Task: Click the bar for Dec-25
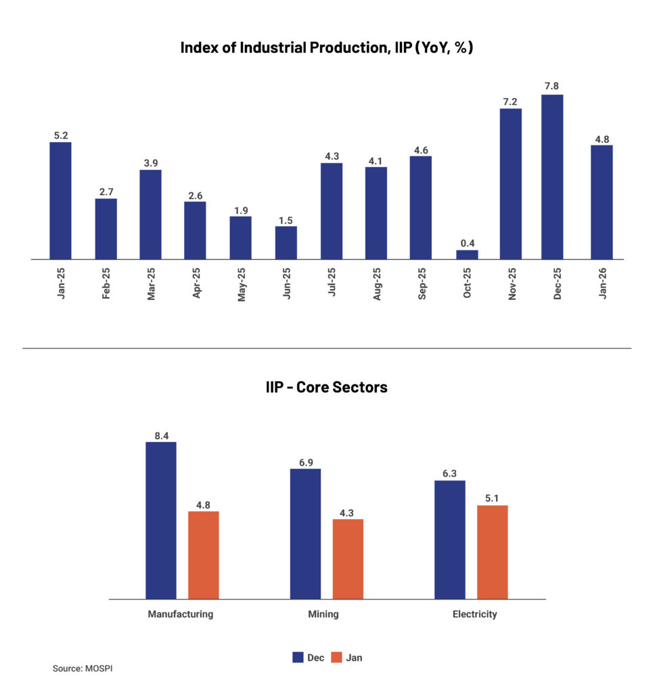(x=551, y=177)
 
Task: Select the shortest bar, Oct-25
(x=467, y=254)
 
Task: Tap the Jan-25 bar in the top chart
(x=60, y=200)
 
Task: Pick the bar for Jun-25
(x=286, y=242)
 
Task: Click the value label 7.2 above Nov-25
(x=510, y=102)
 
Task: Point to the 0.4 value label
(x=467, y=243)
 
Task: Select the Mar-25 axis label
(x=151, y=284)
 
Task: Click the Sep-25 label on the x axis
(x=421, y=284)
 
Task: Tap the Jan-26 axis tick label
(x=602, y=284)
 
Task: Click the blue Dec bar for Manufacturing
(x=161, y=520)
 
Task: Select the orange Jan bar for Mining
(x=348, y=558)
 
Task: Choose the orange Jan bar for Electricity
(x=492, y=552)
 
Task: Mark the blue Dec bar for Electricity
(x=449, y=539)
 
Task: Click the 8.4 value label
(x=161, y=435)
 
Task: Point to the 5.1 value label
(x=492, y=499)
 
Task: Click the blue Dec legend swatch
(x=298, y=657)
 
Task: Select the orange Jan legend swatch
(x=336, y=657)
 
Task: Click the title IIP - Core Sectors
(x=326, y=388)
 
